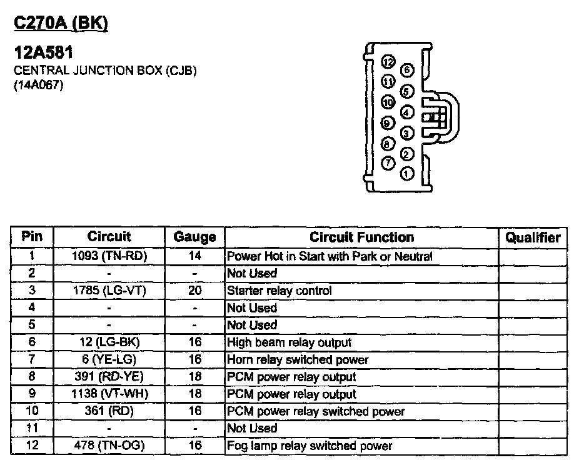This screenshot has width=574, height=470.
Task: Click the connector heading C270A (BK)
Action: [x=61, y=23]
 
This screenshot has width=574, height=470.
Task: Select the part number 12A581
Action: [x=44, y=54]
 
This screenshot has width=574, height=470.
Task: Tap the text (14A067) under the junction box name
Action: [x=39, y=86]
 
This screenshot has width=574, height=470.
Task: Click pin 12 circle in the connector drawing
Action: [x=388, y=61]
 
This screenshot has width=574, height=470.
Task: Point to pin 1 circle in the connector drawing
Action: [x=407, y=173]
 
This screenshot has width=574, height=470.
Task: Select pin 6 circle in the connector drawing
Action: [x=407, y=70]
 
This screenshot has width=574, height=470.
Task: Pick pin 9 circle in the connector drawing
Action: [x=388, y=123]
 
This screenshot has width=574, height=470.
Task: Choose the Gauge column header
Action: [x=194, y=237]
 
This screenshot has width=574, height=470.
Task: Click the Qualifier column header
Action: [x=533, y=237]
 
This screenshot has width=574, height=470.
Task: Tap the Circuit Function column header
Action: [x=361, y=237]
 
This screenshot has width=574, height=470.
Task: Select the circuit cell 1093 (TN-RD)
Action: [x=109, y=256]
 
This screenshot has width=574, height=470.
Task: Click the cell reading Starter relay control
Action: [x=279, y=291]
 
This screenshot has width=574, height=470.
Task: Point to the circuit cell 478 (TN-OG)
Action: [x=109, y=446]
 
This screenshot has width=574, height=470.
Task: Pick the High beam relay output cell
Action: [x=289, y=342]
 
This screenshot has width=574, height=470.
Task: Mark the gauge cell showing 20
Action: [x=194, y=291]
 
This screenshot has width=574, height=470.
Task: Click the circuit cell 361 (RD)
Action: [x=109, y=411]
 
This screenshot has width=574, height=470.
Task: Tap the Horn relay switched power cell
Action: [x=298, y=359]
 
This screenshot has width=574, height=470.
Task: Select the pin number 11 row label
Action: [x=32, y=428]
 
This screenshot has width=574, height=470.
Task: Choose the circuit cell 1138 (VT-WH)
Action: [x=109, y=394]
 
